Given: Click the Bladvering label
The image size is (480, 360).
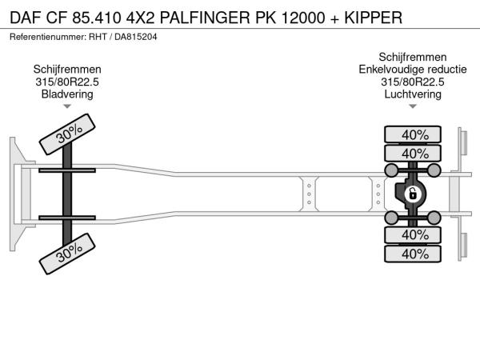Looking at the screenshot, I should click(x=67, y=94).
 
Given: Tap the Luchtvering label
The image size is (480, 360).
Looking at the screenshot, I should click(x=413, y=94).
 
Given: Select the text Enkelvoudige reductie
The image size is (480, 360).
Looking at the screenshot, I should click(x=413, y=69).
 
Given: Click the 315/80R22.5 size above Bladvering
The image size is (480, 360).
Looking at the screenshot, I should click(x=67, y=82).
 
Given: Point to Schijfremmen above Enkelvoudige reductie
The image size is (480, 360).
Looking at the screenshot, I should click(x=413, y=57).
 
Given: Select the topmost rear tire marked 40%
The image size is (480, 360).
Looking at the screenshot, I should click(x=414, y=134).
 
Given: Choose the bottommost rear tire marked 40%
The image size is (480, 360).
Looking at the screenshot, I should click(x=414, y=254).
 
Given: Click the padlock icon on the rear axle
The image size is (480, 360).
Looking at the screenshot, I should click(x=413, y=194).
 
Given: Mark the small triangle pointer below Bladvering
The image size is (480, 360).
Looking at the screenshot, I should click(x=67, y=106).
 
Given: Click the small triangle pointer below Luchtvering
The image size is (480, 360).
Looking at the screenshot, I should click(x=413, y=106).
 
